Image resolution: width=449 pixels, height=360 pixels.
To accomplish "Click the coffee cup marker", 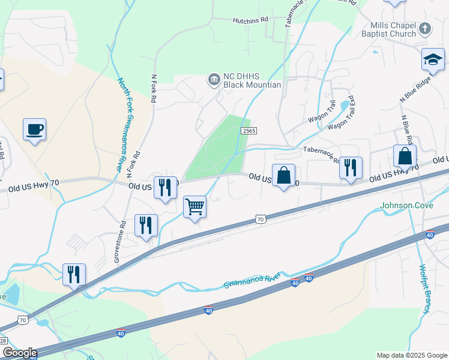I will pos(34,129).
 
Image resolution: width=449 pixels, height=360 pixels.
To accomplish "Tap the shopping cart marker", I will pos(194,207).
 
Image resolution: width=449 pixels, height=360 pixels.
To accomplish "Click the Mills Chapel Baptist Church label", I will pos(393,30).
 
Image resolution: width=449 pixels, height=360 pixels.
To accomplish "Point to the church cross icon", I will pos(425,28).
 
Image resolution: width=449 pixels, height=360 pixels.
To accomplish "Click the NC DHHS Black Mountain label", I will pos(252,80).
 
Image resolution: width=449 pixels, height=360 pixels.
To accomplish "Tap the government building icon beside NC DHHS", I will pos(214,79).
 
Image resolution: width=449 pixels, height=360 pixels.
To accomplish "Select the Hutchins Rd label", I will pos(250,20).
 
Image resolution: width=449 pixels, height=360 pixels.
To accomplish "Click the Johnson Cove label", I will pos(405,206).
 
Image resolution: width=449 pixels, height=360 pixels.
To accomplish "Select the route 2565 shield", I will pos(250,130).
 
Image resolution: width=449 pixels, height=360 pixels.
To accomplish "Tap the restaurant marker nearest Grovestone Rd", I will pos(146,225).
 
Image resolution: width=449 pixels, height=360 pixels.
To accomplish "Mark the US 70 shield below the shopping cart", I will pos(260,220).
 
